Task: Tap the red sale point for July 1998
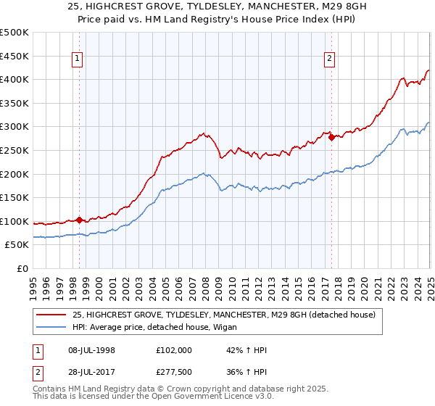tap(80, 220)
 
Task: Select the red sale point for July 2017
tap(332, 136)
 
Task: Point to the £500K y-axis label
tap(14, 33)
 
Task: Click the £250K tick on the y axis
tap(14, 150)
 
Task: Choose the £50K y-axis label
tap(17, 245)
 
